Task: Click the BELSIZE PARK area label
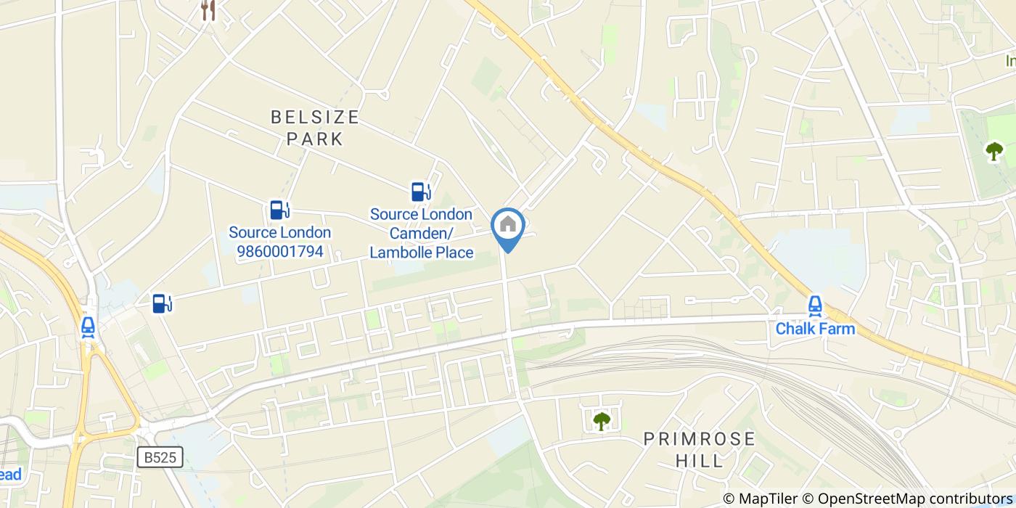tap(315, 128)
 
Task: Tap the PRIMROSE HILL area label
tap(700, 449)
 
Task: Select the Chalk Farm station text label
tap(815, 329)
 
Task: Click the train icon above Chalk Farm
tap(815, 306)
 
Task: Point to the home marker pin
tap(508, 226)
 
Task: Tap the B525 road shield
tap(160, 456)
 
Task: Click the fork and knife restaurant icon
tap(208, 9)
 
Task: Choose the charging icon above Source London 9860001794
tap(279, 210)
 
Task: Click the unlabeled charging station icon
tap(163, 303)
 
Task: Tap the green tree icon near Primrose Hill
tap(602, 420)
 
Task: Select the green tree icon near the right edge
tap(994, 151)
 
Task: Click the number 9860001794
tap(279, 253)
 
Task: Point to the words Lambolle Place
tap(421, 253)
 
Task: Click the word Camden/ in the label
tap(421, 234)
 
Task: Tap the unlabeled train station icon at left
tap(89, 327)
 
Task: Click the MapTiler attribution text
tap(761, 499)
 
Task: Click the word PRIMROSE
tap(700, 439)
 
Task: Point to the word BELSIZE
tap(315, 117)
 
